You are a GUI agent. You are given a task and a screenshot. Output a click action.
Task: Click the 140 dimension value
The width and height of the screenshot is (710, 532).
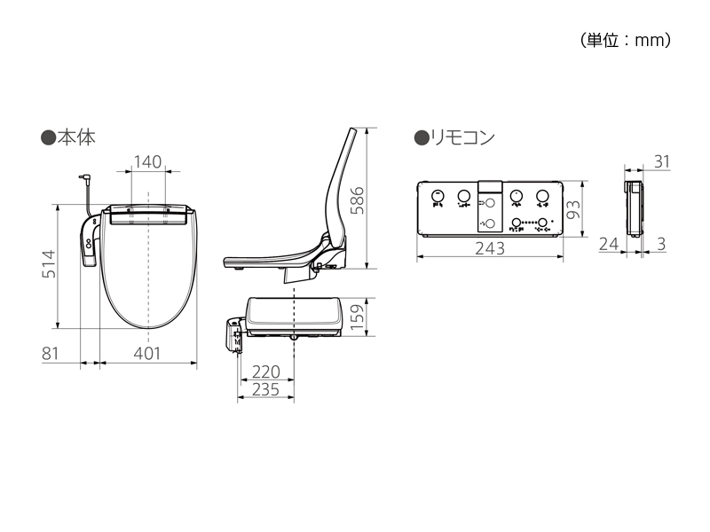coord(147,161)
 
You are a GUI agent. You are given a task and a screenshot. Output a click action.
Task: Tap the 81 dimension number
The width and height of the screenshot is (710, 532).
coord(50,353)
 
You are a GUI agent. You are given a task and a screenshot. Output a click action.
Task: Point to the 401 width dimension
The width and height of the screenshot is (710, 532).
coord(147,353)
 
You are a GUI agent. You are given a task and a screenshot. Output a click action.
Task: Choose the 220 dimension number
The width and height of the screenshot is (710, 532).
coord(265,372)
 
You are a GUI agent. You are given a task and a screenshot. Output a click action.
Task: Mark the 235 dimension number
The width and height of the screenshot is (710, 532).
coord(265,390)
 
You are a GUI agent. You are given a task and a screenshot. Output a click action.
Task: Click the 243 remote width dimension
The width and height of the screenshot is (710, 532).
coord(488,249)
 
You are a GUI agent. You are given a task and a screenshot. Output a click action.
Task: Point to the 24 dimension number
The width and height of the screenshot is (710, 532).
coord(608,244)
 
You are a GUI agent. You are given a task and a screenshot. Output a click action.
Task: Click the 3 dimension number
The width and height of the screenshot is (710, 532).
coord(661,244)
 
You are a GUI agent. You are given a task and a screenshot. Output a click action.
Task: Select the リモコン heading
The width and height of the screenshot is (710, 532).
coord(461,137)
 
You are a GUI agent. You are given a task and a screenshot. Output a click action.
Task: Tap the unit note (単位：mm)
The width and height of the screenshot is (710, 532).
coord(625,40)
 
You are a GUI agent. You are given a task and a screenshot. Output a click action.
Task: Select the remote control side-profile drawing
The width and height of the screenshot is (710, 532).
coord(634,210)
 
